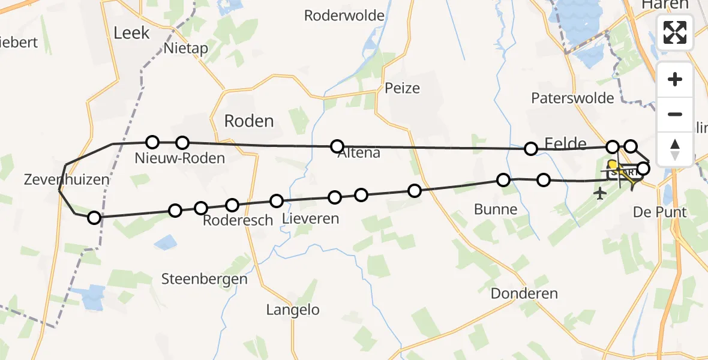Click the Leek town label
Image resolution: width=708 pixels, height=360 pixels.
(131, 33)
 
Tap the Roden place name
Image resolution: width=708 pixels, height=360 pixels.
(248, 121)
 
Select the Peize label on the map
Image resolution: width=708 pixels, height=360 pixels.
(403, 88)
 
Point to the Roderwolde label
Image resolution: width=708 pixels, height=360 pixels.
(344, 16)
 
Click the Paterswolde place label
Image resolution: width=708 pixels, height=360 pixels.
(572, 98)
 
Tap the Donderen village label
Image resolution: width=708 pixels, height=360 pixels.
(524, 294)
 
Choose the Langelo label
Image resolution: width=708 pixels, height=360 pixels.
(293, 310)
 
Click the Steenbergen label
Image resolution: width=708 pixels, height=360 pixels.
(204, 279)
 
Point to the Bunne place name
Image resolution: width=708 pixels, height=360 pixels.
(495, 209)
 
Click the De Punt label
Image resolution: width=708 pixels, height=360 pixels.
(660, 212)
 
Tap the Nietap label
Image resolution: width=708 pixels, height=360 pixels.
(182, 49)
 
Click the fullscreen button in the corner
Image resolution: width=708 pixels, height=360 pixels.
(675, 32)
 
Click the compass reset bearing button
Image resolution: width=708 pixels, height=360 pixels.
(675, 149)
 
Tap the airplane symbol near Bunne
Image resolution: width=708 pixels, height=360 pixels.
(599, 194)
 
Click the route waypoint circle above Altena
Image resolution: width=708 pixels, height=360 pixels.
(337, 146)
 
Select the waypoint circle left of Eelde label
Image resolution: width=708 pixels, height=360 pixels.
(530, 148)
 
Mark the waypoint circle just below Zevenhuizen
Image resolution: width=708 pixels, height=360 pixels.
(94, 217)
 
